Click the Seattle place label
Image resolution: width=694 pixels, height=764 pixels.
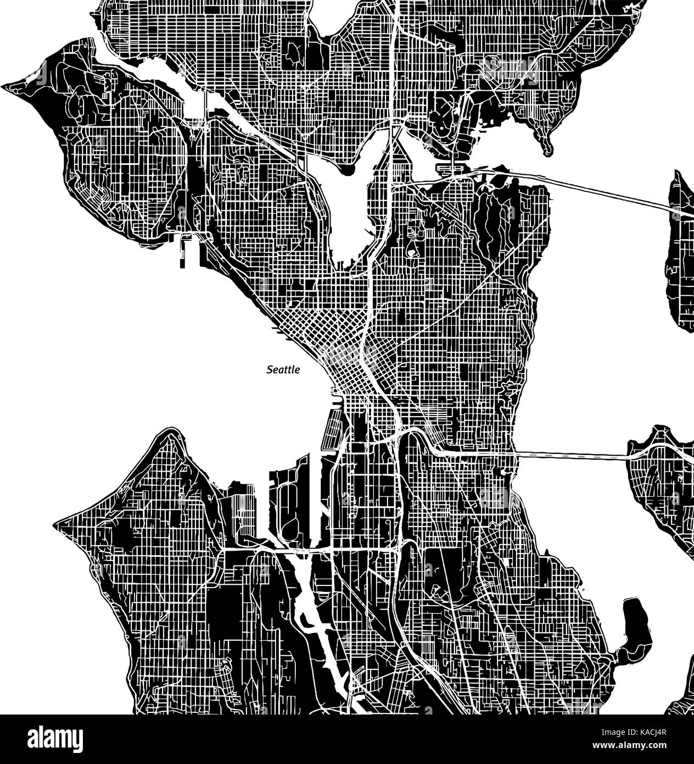coord(283,370)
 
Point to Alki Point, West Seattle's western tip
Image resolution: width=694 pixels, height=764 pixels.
coord(58,521)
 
